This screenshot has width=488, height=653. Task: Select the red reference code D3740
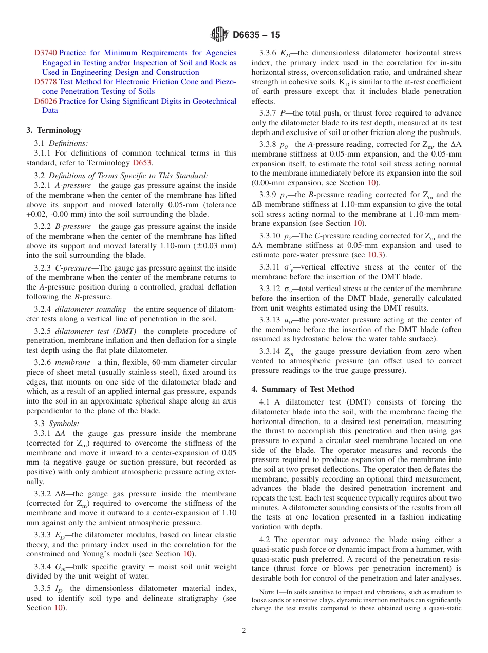(45, 53)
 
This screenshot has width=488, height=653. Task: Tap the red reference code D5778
(45, 82)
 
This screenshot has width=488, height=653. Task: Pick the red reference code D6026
(45, 101)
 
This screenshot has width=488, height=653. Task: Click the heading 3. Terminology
(54, 130)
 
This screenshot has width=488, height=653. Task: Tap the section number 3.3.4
(44, 567)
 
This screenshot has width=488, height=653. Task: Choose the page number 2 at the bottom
(244, 631)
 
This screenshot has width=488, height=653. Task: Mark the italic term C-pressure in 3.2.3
(72, 268)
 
